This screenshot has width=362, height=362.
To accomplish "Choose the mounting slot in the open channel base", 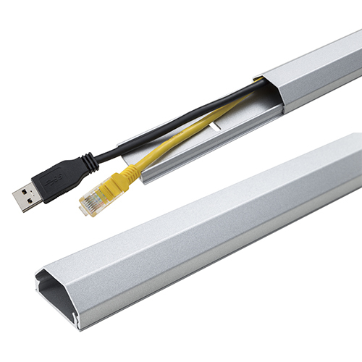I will pos(217,130).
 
